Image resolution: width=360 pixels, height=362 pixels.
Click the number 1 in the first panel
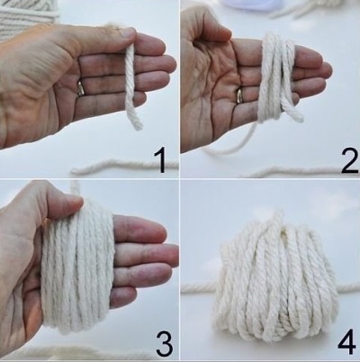point(161,162)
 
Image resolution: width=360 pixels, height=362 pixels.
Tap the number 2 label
point(349,162)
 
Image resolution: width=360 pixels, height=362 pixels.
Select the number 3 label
point(164,342)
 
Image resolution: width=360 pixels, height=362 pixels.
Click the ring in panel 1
point(80,88)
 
